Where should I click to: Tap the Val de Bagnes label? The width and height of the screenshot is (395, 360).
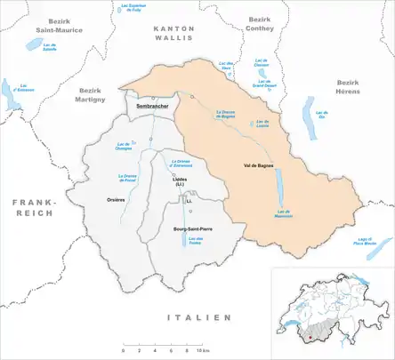click(x=256, y=166)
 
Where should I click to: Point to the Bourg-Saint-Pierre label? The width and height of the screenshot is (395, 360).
click(x=186, y=229)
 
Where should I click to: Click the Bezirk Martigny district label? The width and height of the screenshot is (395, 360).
click(x=92, y=94)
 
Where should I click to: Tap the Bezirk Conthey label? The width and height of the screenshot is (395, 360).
click(x=260, y=24)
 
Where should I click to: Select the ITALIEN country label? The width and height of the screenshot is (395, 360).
click(x=198, y=317)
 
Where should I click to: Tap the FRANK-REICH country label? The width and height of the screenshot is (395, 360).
click(x=31, y=208)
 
